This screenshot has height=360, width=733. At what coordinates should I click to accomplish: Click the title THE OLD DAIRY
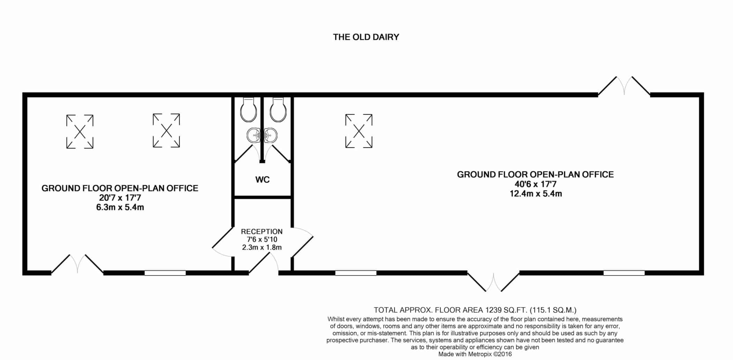coord(366,37)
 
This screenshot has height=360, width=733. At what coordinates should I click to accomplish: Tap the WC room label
coord(262,179)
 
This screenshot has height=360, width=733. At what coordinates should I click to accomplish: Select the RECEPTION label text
coord(262,232)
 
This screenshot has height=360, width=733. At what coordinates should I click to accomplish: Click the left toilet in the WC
coord(249,109)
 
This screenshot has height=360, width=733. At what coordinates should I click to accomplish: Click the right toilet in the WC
coord(278,109)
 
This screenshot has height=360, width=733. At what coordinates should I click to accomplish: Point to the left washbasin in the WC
coord(254,135)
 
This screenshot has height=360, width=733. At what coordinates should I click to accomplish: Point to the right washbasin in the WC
coord(271,135)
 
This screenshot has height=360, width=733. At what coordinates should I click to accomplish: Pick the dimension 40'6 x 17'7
coord(535,184)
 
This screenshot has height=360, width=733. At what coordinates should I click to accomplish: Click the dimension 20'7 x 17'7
coord(120,198)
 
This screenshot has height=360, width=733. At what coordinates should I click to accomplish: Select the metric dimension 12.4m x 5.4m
coord(536,193)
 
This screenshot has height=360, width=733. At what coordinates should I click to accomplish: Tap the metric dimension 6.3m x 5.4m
coord(120,207)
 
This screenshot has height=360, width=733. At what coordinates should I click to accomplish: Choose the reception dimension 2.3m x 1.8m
coord(262,247)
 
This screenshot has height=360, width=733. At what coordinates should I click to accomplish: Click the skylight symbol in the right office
coord(359,131)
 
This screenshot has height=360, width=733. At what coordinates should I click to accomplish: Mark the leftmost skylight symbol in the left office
coord(80,132)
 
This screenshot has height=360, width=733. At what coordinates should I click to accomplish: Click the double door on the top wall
coord(624,86)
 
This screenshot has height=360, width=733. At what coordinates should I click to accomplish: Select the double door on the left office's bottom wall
coord(77,264)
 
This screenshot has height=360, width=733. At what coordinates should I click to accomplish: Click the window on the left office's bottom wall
coord(165,273)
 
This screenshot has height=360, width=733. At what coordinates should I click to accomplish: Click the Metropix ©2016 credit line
coord(475,354)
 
